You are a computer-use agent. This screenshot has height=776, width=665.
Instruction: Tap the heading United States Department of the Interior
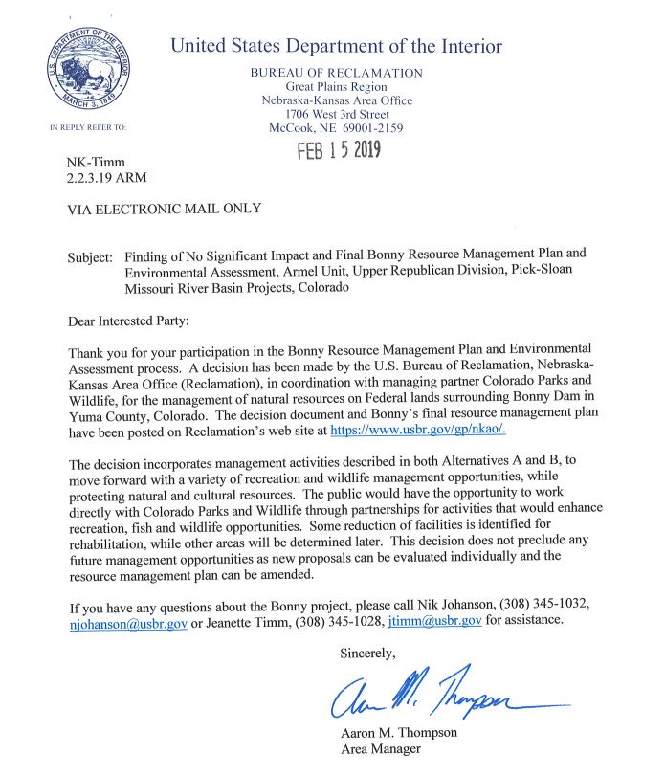(x=336, y=46)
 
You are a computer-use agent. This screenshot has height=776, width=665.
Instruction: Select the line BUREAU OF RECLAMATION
(x=336, y=73)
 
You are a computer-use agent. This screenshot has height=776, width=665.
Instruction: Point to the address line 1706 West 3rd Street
(x=336, y=114)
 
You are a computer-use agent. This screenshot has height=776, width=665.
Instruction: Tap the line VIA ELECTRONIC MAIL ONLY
(x=164, y=210)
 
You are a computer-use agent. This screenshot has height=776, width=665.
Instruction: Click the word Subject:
(x=90, y=257)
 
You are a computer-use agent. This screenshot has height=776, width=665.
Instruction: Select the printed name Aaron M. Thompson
(x=401, y=734)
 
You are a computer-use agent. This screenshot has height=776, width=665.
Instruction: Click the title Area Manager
(x=381, y=749)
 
